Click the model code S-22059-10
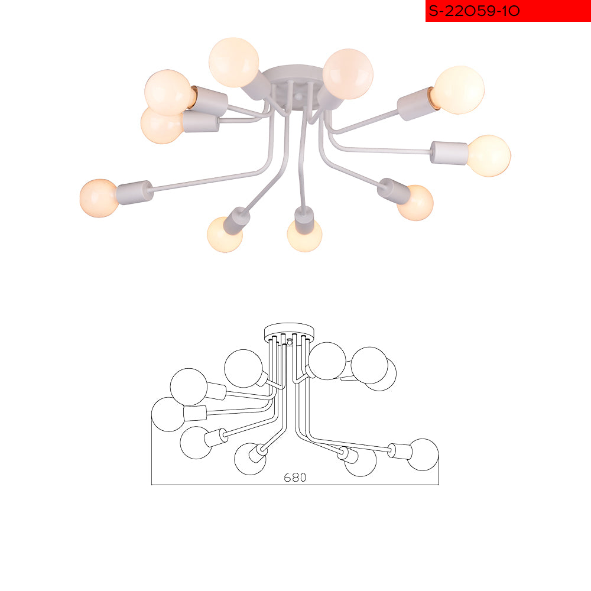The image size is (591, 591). click(x=474, y=11)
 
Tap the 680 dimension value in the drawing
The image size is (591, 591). click(x=295, y=477)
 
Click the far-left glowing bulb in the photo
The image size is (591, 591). click(x=99, y=198)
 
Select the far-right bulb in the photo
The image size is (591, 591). click(x=489, y=155)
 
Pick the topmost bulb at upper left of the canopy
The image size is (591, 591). click(x=233, y=62)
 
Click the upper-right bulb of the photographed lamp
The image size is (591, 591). click(x=459, y=90)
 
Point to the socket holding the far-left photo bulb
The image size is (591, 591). click(x=135, y=192)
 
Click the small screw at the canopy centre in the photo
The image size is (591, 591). click(x=298, y=98)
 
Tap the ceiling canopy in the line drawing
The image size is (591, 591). click(x=289, y=332)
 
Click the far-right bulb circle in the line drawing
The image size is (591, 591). click(x=423, y=454)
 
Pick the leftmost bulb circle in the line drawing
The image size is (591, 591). click(x=168, y=414)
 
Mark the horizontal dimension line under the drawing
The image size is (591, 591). click(x=295, y=485)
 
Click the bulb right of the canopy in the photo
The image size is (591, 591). click(x=348, y=74)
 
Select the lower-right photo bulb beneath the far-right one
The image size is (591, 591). click(x=415, y=202)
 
